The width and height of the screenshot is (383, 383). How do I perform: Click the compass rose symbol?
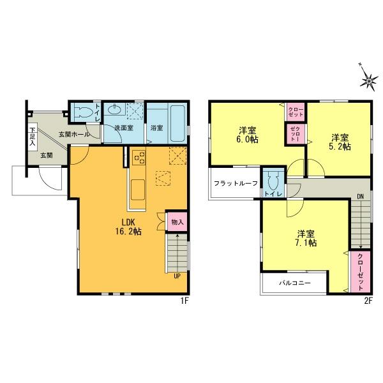[369, 79]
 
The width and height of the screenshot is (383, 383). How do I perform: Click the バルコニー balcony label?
[294, 282]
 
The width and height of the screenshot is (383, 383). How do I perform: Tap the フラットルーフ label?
[236, 184]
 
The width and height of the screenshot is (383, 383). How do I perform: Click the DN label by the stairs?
[361, 197]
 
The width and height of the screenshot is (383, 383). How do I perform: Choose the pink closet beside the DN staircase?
[359, 271]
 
